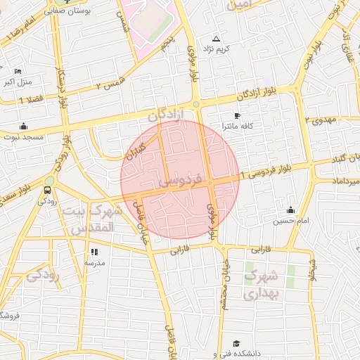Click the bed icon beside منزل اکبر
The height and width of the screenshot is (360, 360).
pyautogui.click(x=18, y=71)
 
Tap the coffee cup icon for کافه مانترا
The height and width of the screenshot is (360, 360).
pyautogui.click(x=237, y=115)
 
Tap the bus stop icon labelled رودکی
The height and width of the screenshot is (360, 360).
pyautogui.click(x=48, y=189)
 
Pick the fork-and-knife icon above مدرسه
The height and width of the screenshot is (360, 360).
pyautogui.click(x=94, y=251)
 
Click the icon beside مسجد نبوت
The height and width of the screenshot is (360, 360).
pyautogui.click(x=25, y=126)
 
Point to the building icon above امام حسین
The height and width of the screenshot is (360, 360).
pyautogui.click(x=290, y=210)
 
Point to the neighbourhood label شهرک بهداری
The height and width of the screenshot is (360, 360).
pyautogui.click(x=262, y=284)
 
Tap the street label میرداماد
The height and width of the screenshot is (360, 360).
pyautogui.click(x=340, y=181)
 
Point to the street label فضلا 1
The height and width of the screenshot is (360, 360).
pyautogui.click(x=30, y=100)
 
